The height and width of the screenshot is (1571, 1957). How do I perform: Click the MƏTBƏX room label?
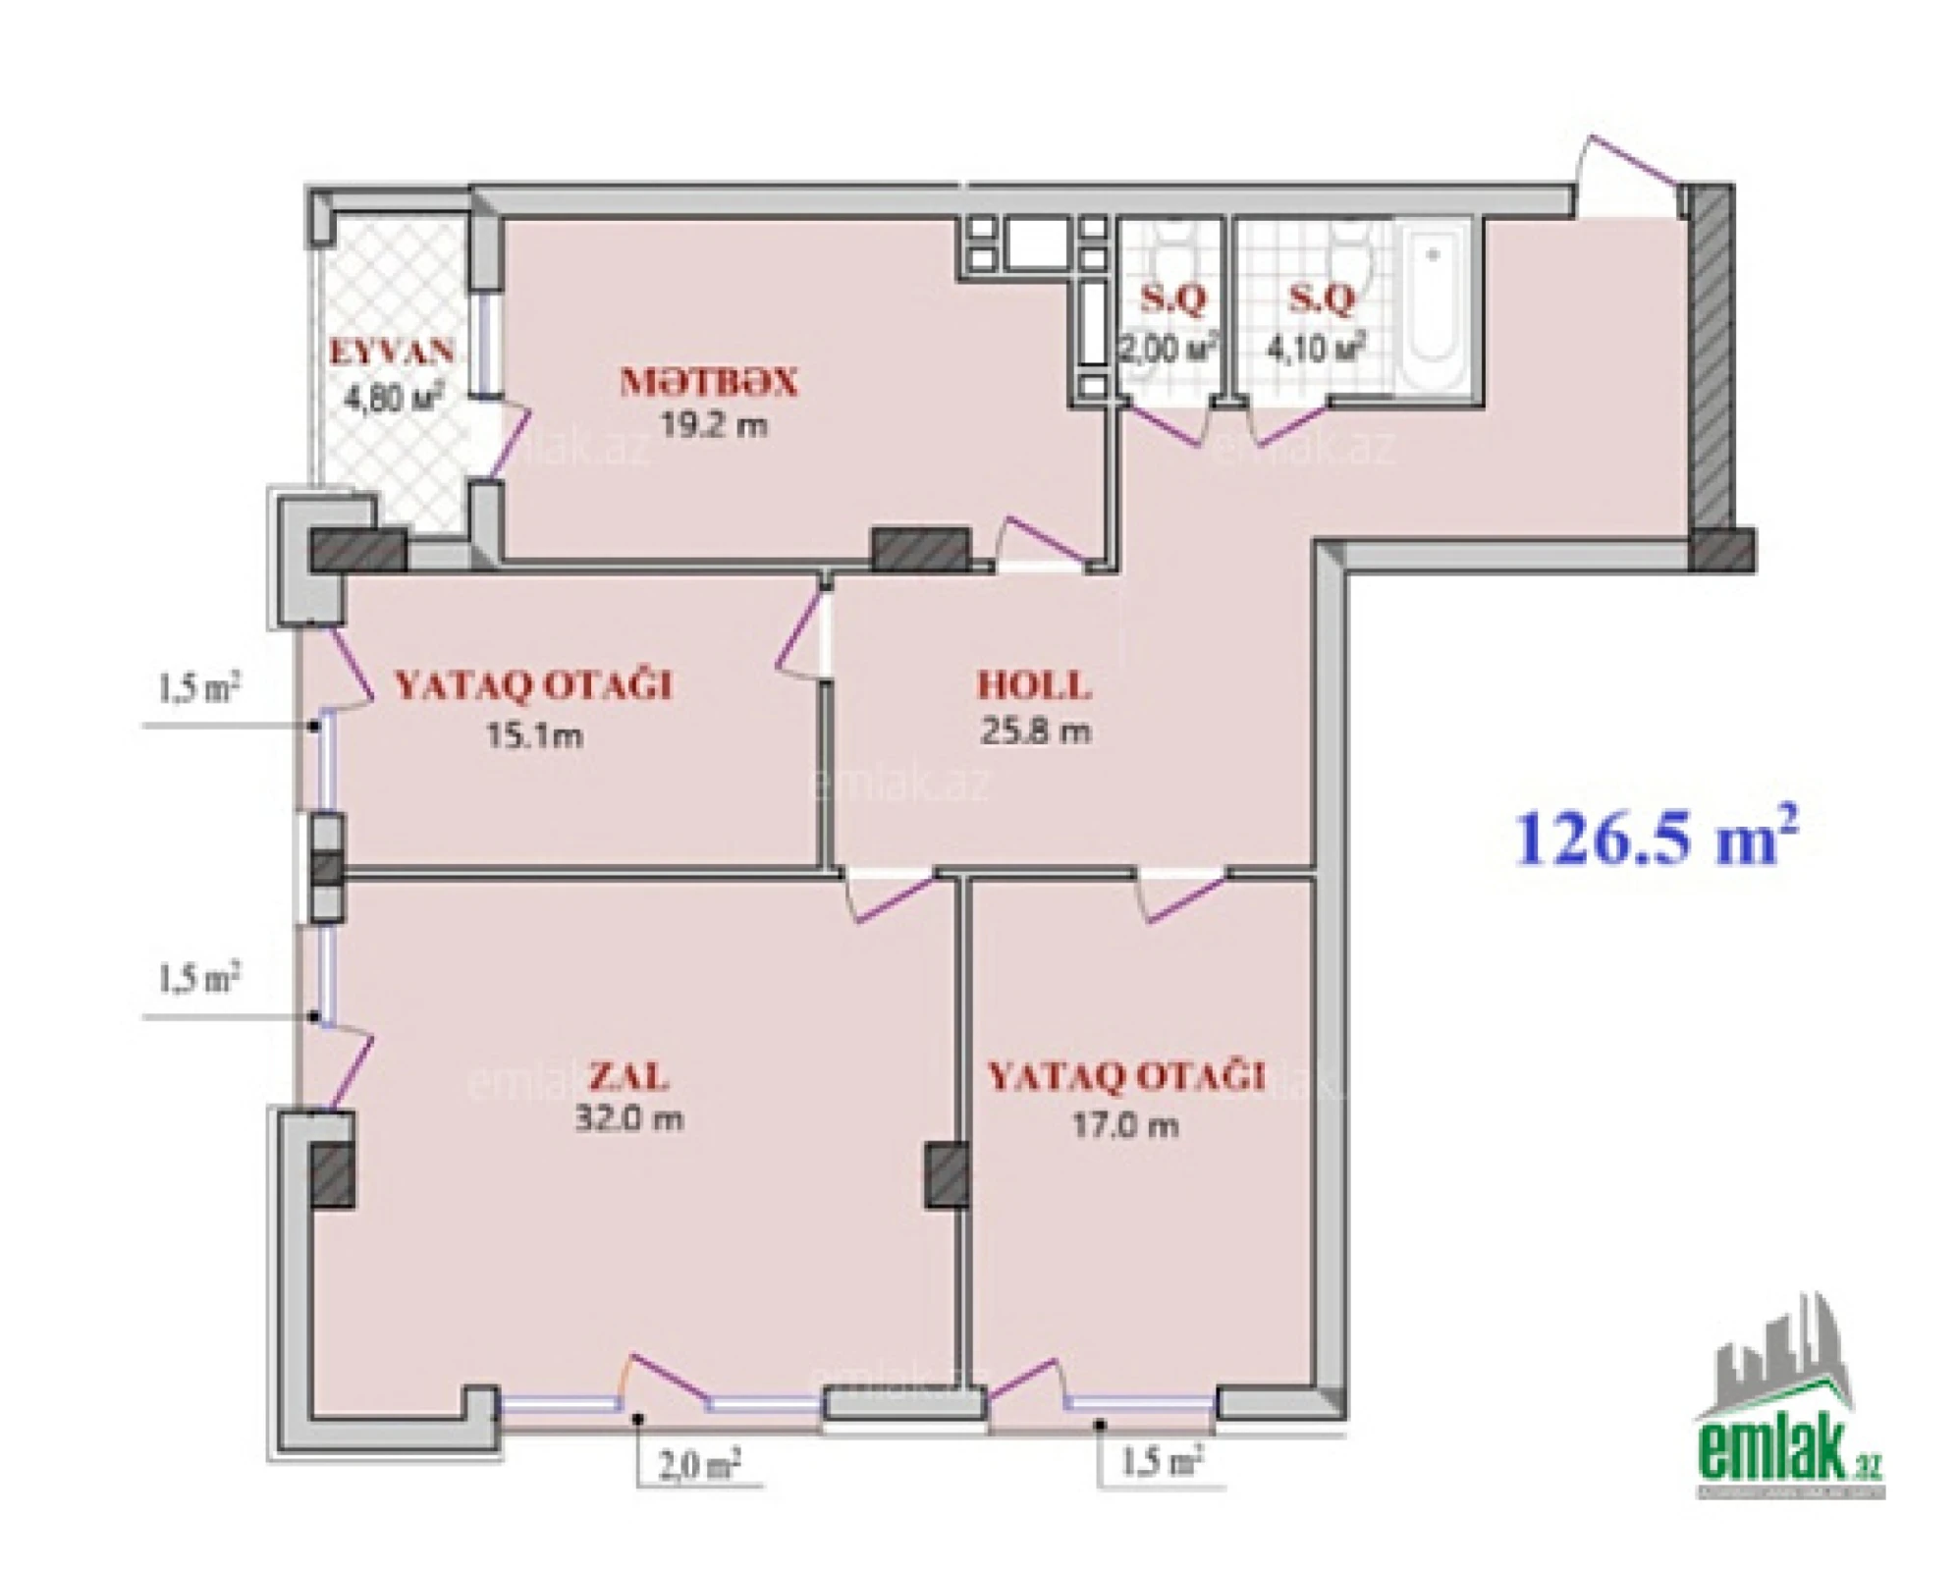708,383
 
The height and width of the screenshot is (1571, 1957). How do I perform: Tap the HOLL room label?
1034,684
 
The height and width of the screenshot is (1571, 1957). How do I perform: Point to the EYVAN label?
392,351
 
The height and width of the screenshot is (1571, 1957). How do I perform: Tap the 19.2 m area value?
713,426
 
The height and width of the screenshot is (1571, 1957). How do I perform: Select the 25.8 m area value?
1035,731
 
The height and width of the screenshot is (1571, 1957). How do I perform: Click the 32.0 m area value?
628,1118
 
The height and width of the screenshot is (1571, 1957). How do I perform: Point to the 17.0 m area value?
1125,1124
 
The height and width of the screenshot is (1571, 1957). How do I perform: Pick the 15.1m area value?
534,734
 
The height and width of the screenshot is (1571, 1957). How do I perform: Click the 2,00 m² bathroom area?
1169,348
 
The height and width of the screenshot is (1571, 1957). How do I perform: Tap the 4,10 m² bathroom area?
1317,348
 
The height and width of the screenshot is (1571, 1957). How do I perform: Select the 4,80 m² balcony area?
392,398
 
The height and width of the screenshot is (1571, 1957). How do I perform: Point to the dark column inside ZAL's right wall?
946,1175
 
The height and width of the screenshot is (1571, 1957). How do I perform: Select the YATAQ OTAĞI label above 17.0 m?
1125,1077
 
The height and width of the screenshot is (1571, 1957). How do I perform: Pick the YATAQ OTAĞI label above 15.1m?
533,685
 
